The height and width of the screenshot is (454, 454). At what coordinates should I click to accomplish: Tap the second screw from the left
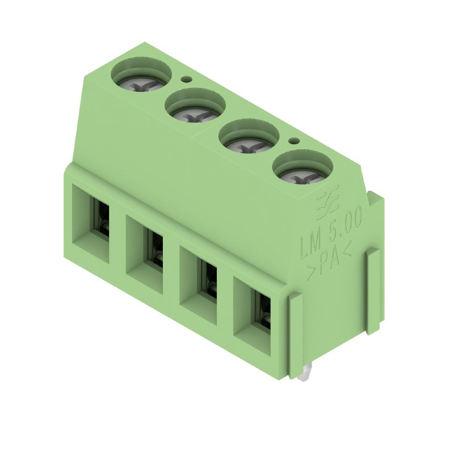coord(195,115)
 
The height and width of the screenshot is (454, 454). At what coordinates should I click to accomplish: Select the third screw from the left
coord(249,145)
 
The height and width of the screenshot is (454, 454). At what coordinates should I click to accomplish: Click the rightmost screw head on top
coord(302,176)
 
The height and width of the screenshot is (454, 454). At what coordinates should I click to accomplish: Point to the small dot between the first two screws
coord(186,79)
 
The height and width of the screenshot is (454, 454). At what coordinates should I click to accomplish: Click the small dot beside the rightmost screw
coord(294,141)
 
